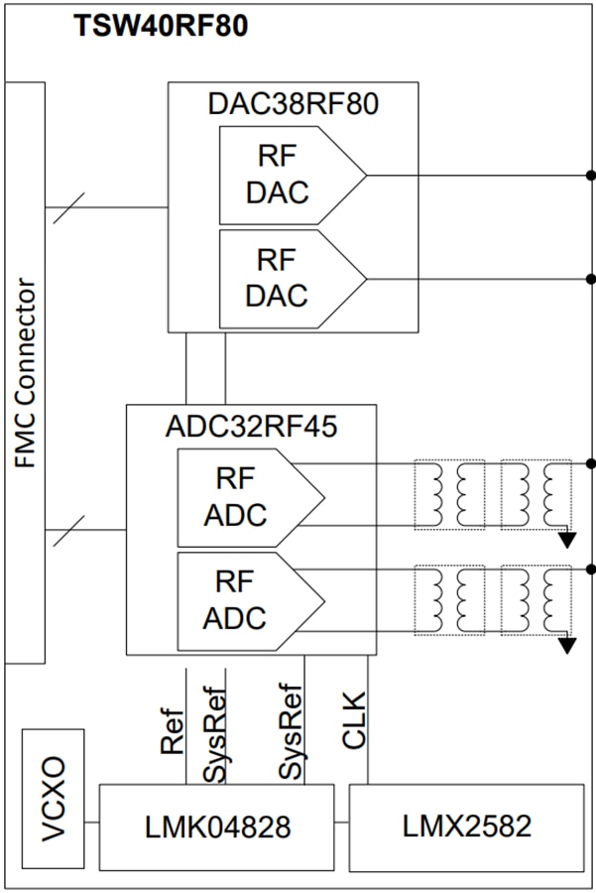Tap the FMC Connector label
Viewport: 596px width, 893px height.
pyautogui.click(x=26, y=372)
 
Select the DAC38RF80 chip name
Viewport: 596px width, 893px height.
pyautogui.click(x=293, y=104)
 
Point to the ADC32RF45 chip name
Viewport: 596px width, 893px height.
pyautogui.click(x=251, y=426)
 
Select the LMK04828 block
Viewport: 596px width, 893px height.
pyautogui.click(x=216, y=827)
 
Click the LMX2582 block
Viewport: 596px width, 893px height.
pyautogui.click(x=466, y=827)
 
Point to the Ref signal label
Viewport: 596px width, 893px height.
pyautogui.click(x=173, y=732)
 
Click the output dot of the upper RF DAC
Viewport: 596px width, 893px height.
pyautogui.click(x=591, y=175)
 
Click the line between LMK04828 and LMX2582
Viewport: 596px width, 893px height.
pyautogui.click(x=341, y=823)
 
